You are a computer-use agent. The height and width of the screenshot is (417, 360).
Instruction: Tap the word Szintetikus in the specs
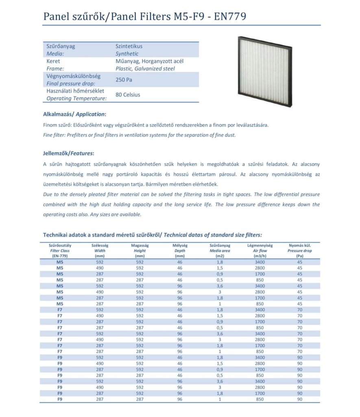point(129,46)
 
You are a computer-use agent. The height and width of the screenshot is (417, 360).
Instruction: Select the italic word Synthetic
point(127,54)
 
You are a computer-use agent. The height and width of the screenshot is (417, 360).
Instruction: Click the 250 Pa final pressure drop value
point(124,80)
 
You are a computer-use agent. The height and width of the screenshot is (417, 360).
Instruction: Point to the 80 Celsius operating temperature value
point(128,95)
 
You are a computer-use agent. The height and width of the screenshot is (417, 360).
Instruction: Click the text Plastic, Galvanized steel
point(145,69)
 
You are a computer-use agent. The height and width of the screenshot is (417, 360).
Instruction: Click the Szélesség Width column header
point(100,251)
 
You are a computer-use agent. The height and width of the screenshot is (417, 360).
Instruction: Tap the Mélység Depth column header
point(180,251)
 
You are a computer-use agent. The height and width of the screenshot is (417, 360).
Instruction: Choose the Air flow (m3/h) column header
point(260,251)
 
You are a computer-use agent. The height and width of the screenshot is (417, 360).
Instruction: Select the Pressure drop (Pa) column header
point(300,251)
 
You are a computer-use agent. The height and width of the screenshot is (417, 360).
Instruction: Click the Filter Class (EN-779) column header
point(60,251)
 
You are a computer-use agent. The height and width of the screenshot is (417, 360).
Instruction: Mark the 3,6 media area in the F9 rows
point(220,382)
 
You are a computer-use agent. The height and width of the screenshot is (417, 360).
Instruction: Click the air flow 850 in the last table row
point(260,399)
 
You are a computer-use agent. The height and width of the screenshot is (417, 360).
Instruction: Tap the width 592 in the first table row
point(100,262)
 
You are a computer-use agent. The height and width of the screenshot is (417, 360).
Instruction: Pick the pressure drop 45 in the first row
point(300,262)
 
